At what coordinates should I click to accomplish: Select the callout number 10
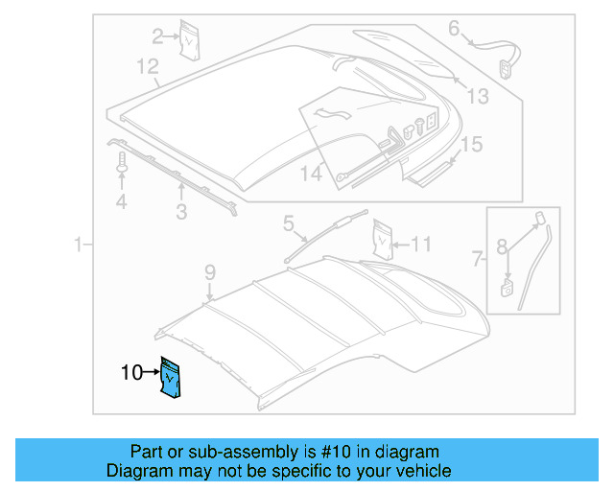pos(131,374)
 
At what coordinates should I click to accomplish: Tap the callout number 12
pos(146,67)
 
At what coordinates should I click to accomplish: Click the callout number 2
pos(158,36)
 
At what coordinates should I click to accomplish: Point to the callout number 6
pos(454,29)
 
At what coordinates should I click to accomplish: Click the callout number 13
pos(477,95)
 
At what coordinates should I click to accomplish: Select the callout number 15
pos(470,145)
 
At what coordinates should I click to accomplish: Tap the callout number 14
pos(311,174)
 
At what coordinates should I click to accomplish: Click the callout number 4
pos(121,202)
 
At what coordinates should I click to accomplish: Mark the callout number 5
pos(288,224)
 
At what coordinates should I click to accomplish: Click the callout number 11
pos(422,243)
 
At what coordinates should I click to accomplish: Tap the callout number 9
pos(210,275)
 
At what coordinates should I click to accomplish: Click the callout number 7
pos(477,258)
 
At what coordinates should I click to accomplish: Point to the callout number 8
pos(502,246)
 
